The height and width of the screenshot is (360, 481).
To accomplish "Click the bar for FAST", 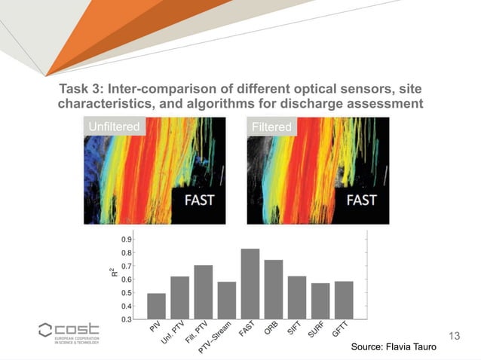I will coord(250,283).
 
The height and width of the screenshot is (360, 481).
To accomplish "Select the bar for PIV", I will coord(156,306).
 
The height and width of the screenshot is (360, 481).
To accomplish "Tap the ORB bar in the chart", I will coord(274,289).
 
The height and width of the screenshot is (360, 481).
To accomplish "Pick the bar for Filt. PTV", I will coord(203,291).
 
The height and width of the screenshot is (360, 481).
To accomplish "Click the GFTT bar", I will coord(344,300).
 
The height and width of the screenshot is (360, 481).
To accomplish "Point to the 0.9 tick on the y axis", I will coord(127,239).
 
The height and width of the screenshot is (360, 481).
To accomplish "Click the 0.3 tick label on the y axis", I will coord(127,319).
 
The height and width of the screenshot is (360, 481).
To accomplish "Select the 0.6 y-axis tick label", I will coord(127,279).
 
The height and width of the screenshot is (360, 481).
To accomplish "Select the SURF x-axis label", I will coord(317,331).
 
